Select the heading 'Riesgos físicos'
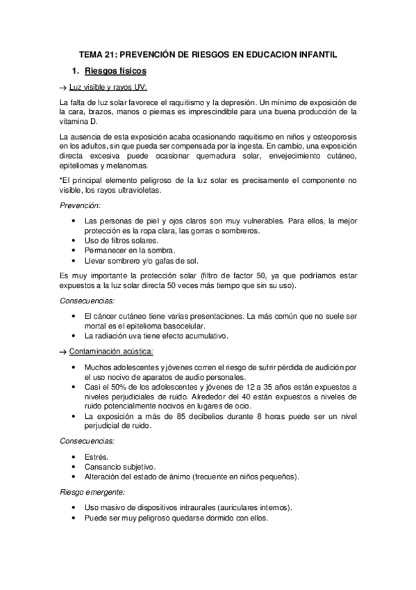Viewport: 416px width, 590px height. point(115,71)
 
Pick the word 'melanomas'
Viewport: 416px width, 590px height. point(128,166)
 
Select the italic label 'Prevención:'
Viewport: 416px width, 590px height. point(81,205)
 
